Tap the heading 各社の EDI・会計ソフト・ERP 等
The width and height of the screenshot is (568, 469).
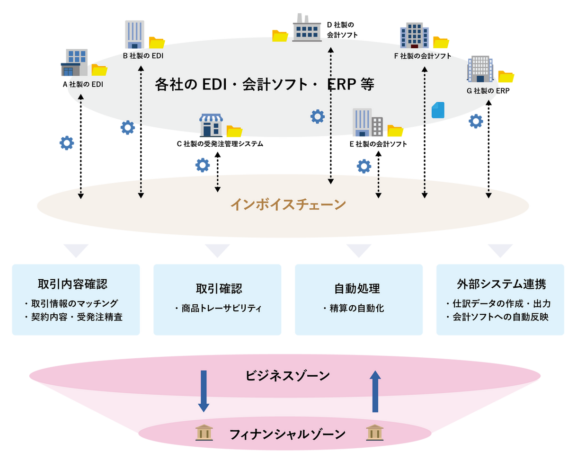265,84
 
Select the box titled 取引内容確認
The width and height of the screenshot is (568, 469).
76,299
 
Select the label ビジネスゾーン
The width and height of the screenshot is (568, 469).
287,376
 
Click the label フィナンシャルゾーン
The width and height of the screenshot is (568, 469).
287,434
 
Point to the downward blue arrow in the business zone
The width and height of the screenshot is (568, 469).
204,391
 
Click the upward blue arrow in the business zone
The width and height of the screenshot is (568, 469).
375,391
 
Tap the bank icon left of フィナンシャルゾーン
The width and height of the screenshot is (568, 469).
204,433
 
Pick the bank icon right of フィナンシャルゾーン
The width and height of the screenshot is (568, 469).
374,433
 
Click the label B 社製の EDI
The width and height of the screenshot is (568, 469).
143,56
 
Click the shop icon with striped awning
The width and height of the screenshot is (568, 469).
211,126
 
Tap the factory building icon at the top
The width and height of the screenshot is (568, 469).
306,28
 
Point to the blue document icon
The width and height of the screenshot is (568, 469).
438,110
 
